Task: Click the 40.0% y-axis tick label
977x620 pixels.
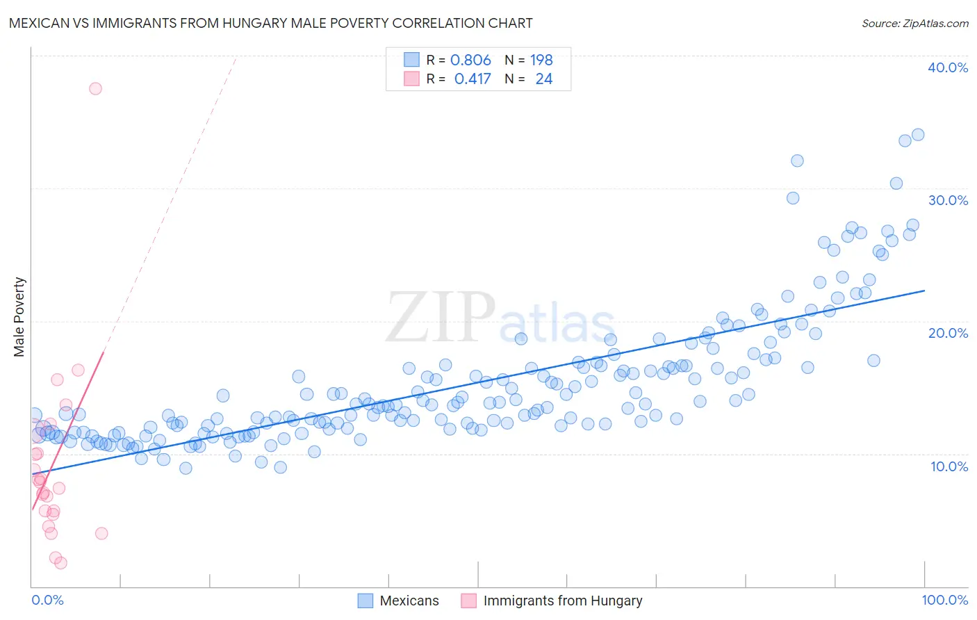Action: [947, 67]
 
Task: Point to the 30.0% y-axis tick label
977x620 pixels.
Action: [947, 200]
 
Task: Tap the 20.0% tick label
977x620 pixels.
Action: [947, 333]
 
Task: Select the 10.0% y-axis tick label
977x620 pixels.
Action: [949, 466]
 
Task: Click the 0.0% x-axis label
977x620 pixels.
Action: [47, 600]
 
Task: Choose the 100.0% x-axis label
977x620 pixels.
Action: [944, 600]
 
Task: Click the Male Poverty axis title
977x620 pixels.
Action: [19, 317]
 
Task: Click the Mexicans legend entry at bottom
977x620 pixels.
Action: [409, 601]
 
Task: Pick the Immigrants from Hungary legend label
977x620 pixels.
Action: [562, 601]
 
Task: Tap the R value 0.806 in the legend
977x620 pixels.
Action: [470, 60]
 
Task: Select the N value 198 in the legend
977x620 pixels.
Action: [541, 60]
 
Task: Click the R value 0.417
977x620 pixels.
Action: [473, 79]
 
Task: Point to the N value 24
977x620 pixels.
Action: [543, 79]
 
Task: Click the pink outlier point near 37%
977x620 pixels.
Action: [95, 88]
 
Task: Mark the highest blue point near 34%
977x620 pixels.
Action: [918, 135]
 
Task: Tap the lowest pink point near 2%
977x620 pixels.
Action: [60, 563]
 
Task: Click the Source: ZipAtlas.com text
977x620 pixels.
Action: [914, 23]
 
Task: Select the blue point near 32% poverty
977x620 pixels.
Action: [797, 161]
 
